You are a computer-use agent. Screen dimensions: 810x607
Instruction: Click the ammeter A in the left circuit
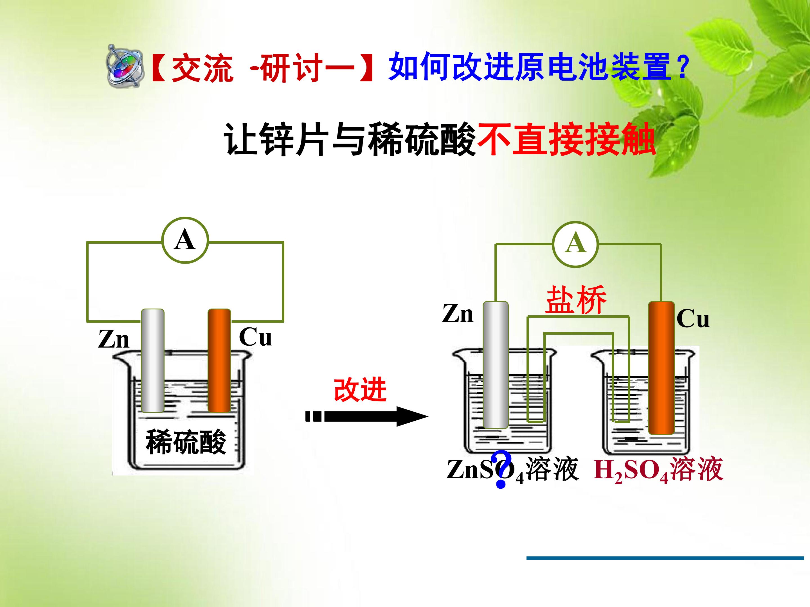click(x=185, y=240)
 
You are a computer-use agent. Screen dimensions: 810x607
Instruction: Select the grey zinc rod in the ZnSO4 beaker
click(x=496, y=365)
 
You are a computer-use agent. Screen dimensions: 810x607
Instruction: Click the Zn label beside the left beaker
click(x=114, y=339)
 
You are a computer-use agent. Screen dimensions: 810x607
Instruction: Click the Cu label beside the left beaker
click(x=255, y=337)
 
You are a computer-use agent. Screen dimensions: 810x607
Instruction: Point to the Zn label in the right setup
click(x=458, y=314)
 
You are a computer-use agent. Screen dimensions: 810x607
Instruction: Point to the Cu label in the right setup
click(x=693, y=318)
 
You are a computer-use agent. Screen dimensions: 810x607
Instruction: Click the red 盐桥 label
click(x=576, y=300)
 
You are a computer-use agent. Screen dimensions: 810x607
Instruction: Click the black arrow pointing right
click(x=367, y=416)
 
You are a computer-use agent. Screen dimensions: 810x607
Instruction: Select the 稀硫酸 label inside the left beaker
click(x=186, y=442)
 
